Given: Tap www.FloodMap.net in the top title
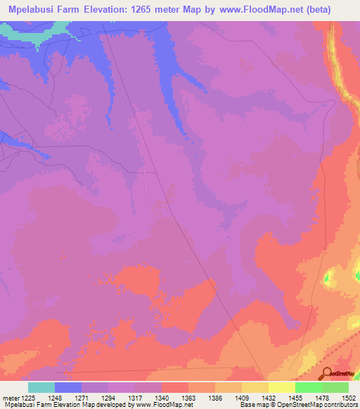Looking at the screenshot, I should click(x=266, y=10).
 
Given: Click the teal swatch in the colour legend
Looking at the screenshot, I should click(x=41, y=388).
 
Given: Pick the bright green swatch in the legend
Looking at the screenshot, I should click(x=309, y=388).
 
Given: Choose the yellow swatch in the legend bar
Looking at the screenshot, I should click(x=282, y=388).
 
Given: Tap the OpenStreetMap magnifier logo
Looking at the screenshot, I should click(x=326, y=372).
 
